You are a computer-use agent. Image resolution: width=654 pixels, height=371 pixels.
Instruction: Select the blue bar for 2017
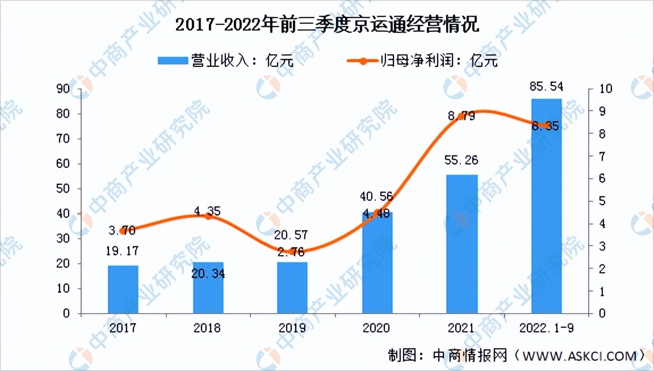tap(123, 289)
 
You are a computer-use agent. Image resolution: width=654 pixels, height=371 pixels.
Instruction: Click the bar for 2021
tap(462, 244)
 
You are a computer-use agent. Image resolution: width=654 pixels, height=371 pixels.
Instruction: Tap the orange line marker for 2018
tap(208, 216)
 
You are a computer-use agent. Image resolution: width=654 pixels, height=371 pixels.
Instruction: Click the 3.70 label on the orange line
tap(123, 230)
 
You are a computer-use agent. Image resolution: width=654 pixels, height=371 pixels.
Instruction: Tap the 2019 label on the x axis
tap(292, 328)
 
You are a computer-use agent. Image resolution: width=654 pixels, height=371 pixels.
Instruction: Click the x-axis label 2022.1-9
tap(546, 328)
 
